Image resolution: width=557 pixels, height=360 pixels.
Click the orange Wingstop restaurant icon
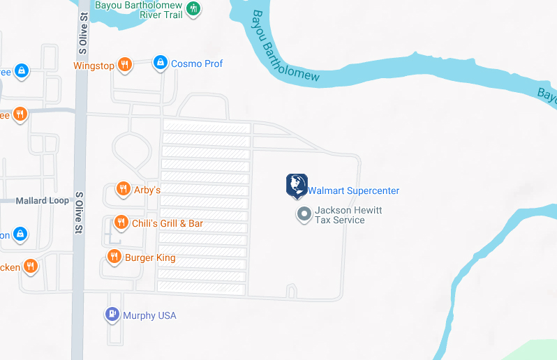(125, 65)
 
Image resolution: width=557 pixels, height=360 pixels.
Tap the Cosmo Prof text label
(197, 63)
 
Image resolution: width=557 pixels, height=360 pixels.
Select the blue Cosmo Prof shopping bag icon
(161, 63)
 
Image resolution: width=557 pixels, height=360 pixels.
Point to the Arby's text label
(147, 190)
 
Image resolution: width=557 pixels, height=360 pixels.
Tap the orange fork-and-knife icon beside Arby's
(123, 188)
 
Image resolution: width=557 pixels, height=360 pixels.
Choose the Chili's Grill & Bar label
(168, 223)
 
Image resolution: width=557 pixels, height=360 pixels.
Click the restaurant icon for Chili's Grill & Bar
(121, 223)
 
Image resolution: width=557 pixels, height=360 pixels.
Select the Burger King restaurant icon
(114, 257)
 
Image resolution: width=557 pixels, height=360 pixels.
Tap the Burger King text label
(150, 257)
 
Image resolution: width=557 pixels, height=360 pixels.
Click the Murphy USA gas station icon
(112, 315)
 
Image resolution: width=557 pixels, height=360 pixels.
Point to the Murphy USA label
(149, 315)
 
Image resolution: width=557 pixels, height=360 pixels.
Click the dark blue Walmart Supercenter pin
(297, 185)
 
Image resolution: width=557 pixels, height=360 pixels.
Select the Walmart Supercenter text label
(354, 190)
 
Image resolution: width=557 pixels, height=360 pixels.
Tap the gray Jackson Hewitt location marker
(304, 214)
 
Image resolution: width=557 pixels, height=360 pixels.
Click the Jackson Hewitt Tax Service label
(348, 215)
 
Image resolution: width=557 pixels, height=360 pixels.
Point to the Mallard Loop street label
(43, 200)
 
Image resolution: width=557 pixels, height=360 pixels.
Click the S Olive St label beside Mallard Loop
(79, 213)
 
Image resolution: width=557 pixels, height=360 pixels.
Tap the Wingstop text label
(94, 66)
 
